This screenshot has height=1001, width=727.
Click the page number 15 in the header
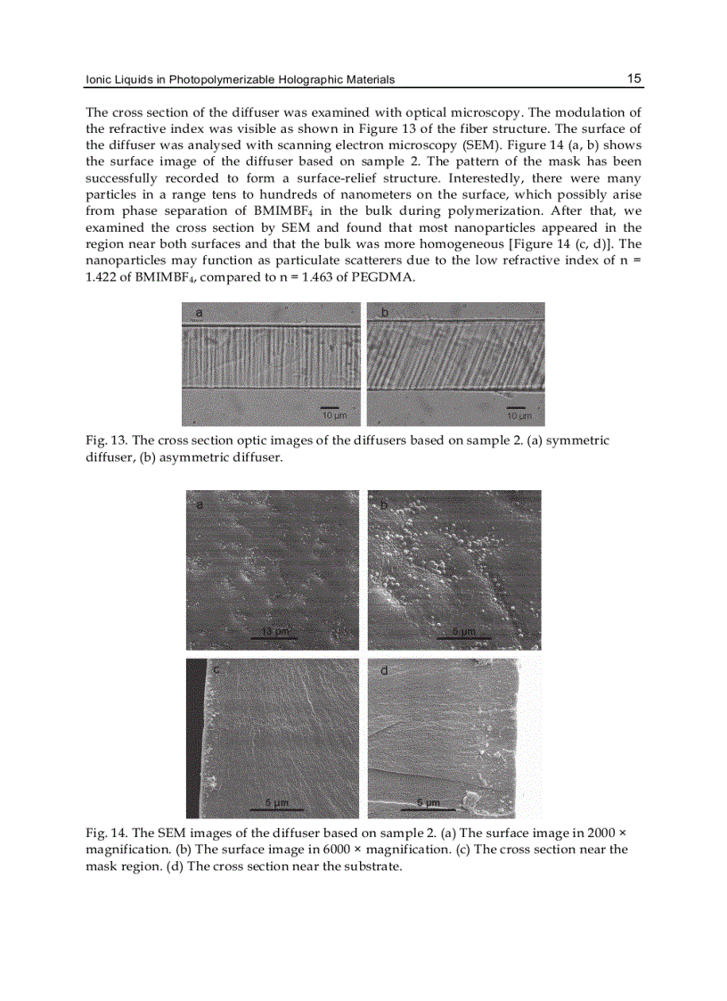coord(633,78)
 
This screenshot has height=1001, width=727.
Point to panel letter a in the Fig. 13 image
coord(199,313)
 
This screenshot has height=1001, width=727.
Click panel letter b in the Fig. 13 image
coord(384,313)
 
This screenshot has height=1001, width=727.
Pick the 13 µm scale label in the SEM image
coord(274,632)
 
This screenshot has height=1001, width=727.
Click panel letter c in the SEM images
coord(216,670)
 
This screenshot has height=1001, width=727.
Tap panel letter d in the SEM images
coord(384,670)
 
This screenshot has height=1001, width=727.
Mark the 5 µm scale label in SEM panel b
coord(464,632)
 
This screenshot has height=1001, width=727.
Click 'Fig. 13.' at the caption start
coord(106,441)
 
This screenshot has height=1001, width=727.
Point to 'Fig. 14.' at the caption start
coord(106,833)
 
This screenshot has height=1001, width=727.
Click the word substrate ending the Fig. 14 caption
coord(373,866)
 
